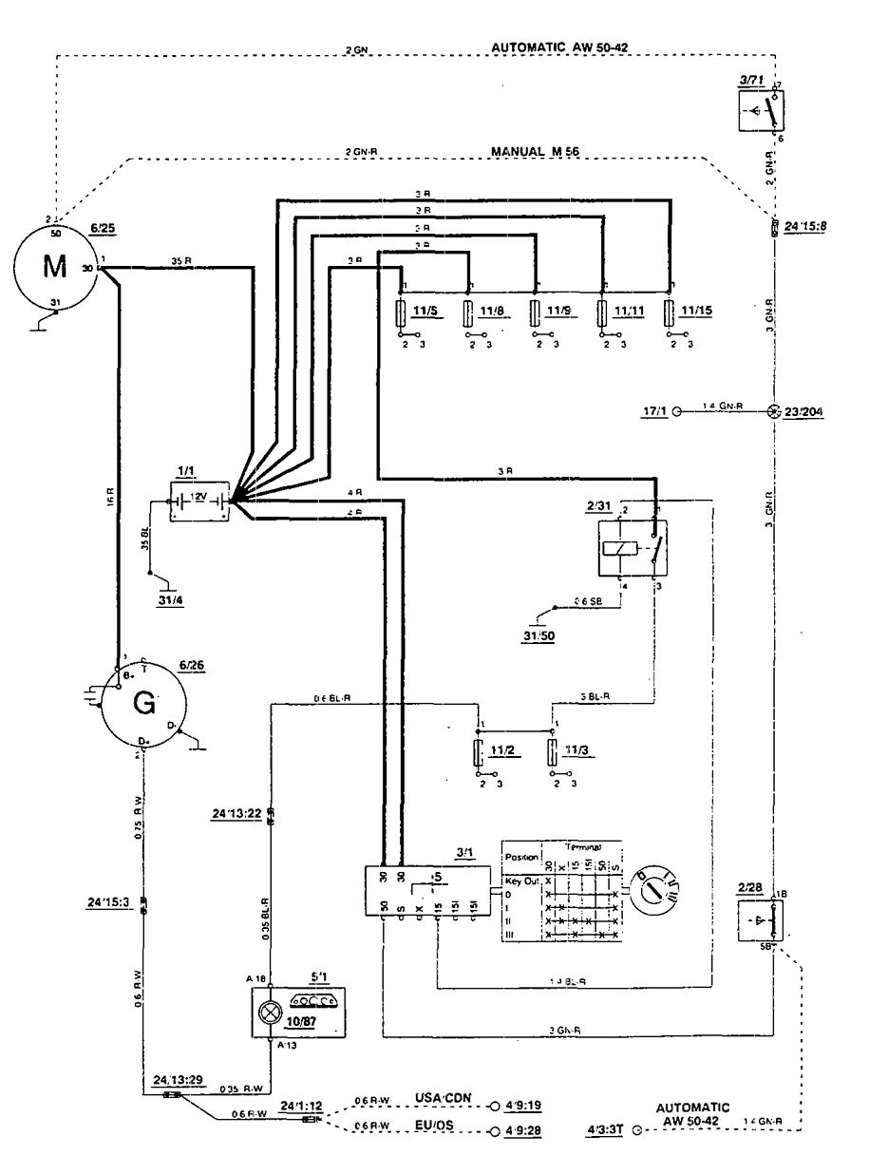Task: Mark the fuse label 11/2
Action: coord(504,750)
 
